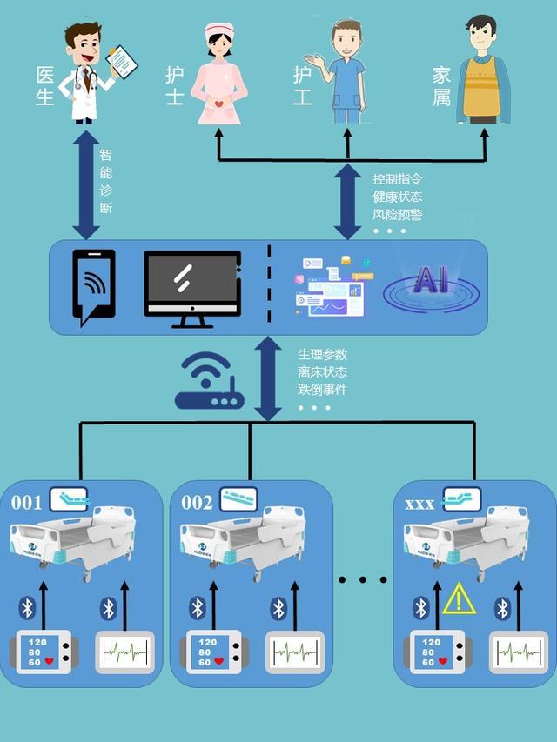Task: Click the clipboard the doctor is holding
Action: (x=123, y=60)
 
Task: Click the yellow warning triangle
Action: (x=457, y=599)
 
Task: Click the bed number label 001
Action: (x=26, y=503)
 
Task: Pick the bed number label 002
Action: (x=197, y=503)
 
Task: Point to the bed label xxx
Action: (x=420, y=504)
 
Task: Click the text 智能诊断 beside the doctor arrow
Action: (x=105, y=182)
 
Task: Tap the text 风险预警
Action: (x=397, y=214)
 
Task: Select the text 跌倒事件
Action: (x=322, y=389)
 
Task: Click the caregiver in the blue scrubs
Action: (x=346, y=74)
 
